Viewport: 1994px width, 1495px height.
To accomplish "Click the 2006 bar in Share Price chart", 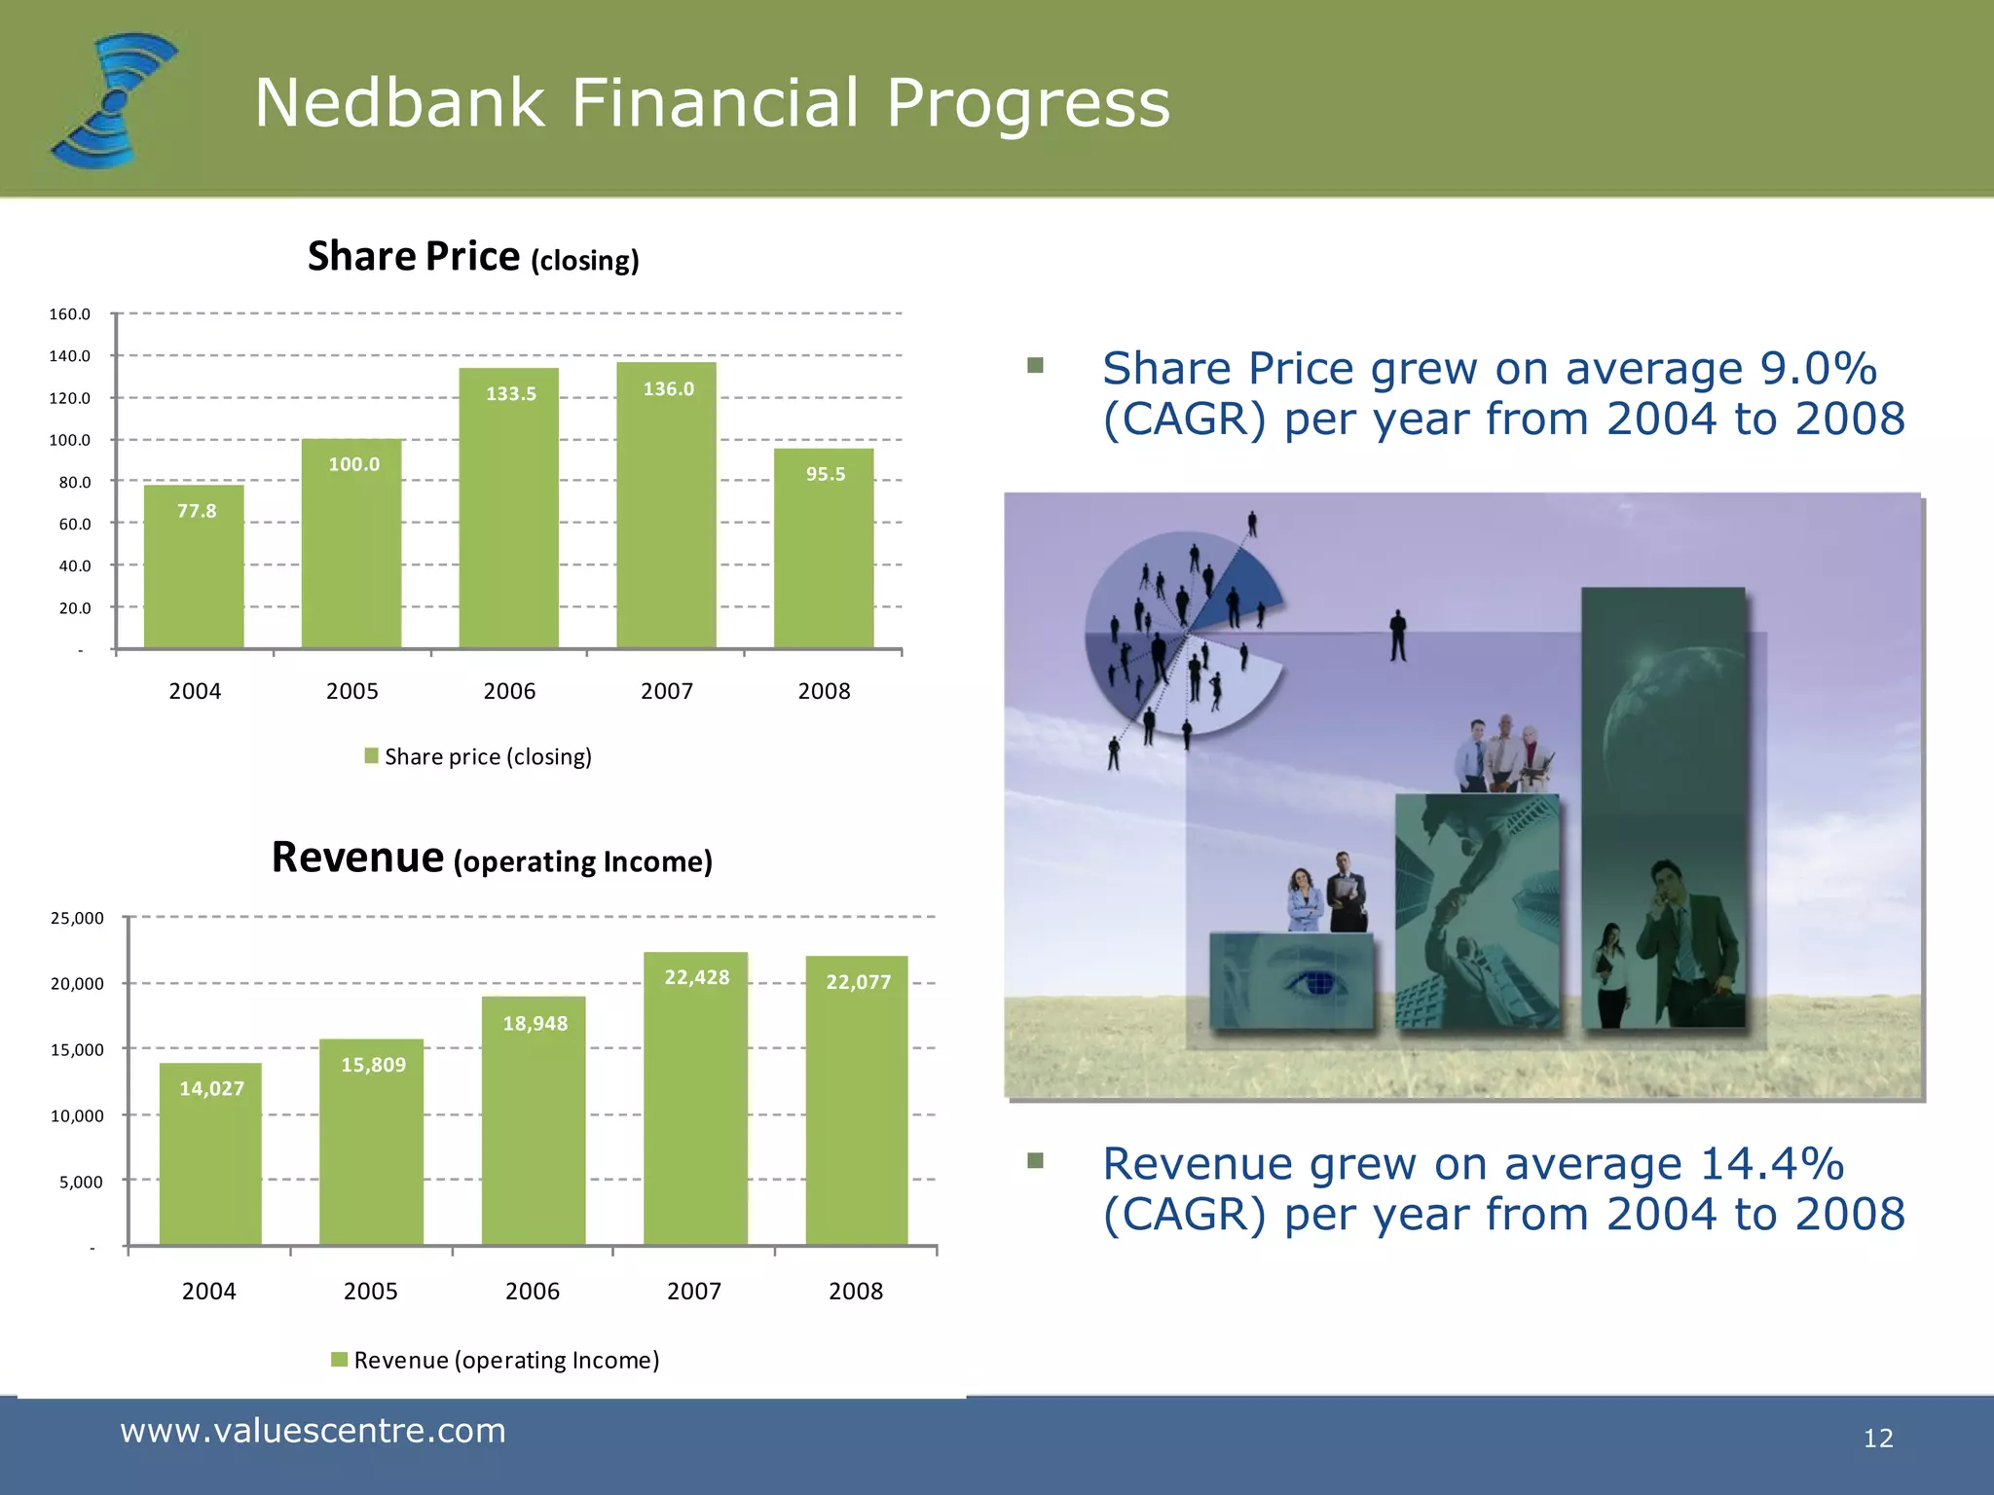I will (508, 516).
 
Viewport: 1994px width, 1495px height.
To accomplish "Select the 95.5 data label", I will (825, 474).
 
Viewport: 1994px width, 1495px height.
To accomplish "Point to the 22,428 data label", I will (696, 977).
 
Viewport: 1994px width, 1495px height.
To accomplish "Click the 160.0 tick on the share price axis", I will (69, 314).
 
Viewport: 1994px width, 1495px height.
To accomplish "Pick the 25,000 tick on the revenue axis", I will (77, 918).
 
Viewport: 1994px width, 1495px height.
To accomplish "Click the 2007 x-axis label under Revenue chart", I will (693, 1291).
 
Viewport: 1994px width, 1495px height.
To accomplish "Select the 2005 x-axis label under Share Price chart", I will (351, 691).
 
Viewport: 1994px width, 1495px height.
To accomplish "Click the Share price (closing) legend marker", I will (371, 756).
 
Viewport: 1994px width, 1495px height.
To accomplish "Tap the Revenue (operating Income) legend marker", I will (339, 1360).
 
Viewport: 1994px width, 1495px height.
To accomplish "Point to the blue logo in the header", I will (115, 100).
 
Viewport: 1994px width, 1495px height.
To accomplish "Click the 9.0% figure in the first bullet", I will (1817, 369).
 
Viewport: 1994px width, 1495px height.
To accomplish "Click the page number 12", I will (1877, 1438).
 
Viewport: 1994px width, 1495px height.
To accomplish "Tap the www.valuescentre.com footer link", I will (313, 1431).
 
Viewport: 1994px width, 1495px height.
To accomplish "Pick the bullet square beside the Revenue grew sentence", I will (1035, 1160).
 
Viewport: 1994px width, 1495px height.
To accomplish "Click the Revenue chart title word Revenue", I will (357, 858).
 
